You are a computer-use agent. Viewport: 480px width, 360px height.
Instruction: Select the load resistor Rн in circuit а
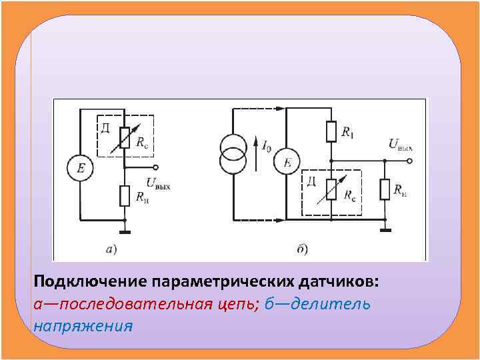tap(125, 196)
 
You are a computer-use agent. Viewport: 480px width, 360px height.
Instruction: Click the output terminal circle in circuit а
tap(155, 167)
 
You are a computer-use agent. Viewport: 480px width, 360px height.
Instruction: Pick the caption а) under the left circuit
tap(111, 250)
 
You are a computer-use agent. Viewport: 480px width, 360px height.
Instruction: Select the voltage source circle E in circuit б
tap(287, 162)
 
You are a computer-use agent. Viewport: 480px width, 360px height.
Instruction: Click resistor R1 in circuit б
tap(331, 131)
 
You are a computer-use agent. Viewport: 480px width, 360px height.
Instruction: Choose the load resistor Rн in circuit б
tap(385, 189)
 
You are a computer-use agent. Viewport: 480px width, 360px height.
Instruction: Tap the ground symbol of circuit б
tap(385, 231)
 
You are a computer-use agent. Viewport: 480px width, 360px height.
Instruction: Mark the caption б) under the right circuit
tap(302, 250)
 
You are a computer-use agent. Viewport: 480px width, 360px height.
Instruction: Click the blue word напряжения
tap(83, 326)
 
